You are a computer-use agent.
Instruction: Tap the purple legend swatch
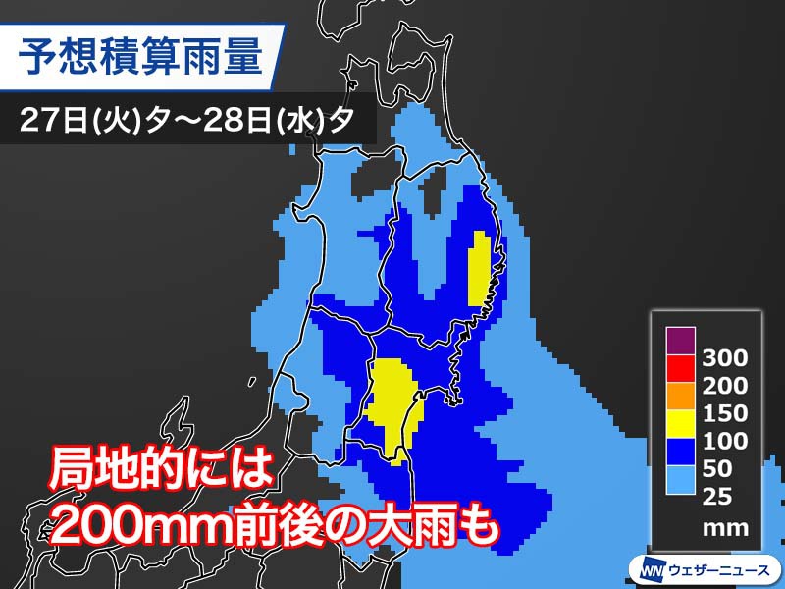(680, 342)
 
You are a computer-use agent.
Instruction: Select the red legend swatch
(680, 369)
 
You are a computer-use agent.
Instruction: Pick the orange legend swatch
(680, 397)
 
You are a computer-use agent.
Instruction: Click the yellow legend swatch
(680, 424)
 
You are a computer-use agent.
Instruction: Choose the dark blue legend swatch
(680, 452)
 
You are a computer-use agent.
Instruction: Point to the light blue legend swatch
(680, 479)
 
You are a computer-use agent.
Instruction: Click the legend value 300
(725, 357)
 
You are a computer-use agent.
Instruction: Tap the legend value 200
(725, 385)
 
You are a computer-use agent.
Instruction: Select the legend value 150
(725, 413)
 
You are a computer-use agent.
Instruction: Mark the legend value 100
(725, 441)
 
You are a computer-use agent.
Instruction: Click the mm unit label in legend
(725, 527)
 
